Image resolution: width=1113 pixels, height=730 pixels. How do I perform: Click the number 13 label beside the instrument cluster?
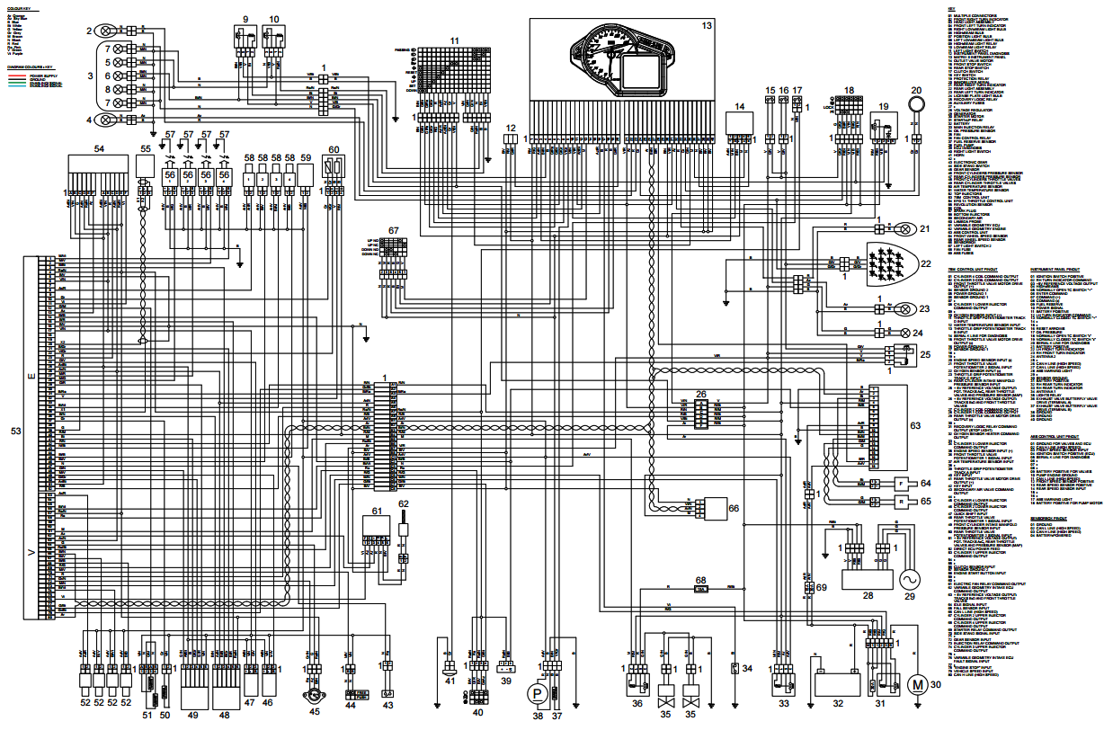click(x=707, y=24)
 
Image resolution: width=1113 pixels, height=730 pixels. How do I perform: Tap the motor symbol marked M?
click(x=918, y=686)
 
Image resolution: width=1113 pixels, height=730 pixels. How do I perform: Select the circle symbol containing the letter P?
click(x=538, y=693)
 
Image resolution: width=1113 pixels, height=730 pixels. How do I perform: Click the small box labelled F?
click(x=899, y=484)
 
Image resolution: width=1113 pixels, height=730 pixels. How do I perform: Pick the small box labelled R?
click(x=899, y=502)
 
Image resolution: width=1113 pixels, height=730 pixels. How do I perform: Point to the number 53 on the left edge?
click(x=15, y=432)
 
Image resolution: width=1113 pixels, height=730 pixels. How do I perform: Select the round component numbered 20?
click(x=916, y=102)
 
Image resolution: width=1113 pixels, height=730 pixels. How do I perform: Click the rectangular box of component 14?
click(x=740, y=123)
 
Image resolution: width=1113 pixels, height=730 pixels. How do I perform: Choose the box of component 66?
click(x=716, y=508)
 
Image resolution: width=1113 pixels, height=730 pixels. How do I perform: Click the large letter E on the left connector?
click(x=32, y=376)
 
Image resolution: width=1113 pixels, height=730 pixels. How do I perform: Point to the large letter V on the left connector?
click(x=32, y=552)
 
